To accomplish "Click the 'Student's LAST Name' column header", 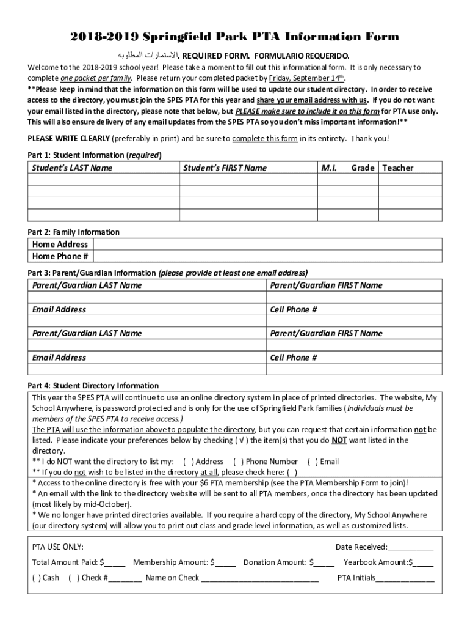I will click(72, 168).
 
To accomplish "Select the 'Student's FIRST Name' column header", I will click(225, 168).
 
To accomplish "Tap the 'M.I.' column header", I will click(330, 168).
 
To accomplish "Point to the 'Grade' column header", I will click(363, 168).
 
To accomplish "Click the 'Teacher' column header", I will click(397, 168).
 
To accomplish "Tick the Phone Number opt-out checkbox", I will click(239, 462).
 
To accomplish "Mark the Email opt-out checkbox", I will click(313, 462).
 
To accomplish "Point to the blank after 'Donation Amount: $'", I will click(325, 562).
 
